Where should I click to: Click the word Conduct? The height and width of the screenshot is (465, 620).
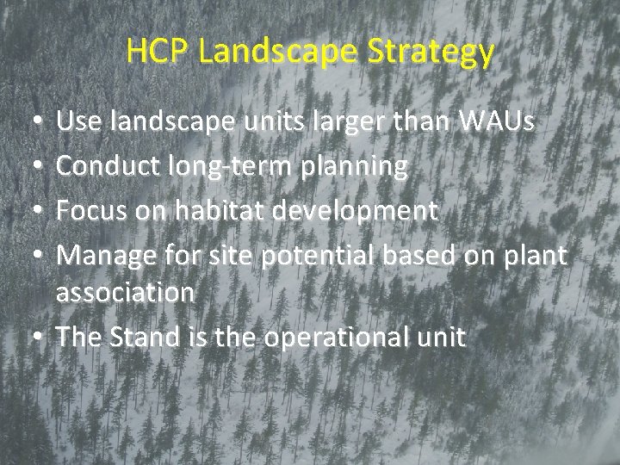point(107,166)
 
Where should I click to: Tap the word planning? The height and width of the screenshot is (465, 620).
point(353,167)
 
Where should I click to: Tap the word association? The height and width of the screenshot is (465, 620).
point(126,293)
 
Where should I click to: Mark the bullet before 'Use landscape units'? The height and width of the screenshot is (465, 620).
point(32,126)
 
